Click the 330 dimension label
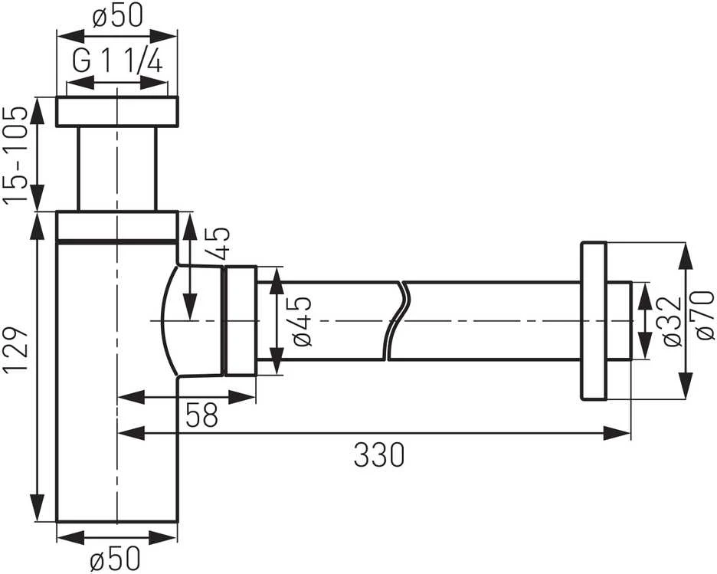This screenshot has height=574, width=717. [379, 454]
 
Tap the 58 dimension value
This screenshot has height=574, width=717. [201, 415]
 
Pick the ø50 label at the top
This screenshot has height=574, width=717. [117, 15]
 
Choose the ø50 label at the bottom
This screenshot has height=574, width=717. [115, 559]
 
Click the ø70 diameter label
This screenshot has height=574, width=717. [704, 315]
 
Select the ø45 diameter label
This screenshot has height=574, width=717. [301, 321]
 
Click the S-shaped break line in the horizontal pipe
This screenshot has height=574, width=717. [396, 321]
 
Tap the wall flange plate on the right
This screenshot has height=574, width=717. [594, 321]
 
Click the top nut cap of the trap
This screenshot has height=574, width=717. [117, 111]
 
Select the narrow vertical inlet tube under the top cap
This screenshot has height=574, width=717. [117, 169]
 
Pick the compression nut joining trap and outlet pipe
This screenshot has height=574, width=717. [241, 320]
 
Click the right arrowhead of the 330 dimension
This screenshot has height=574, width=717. [617, 433]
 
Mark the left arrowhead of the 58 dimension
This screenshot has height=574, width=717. [133, 397]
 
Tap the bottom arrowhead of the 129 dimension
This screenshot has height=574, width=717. [38, 507]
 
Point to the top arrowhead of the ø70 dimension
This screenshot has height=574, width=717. [685, 257]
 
